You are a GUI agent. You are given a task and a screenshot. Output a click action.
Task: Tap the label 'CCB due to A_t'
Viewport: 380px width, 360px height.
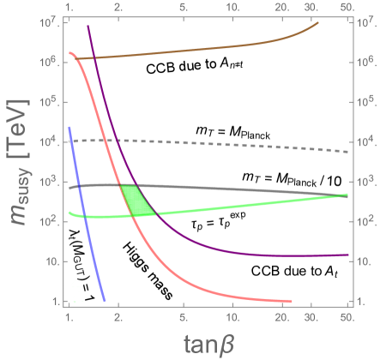(x=290, y=271)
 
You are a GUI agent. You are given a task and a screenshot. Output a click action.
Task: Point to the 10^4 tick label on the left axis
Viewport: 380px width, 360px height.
(x=49, y=141)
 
